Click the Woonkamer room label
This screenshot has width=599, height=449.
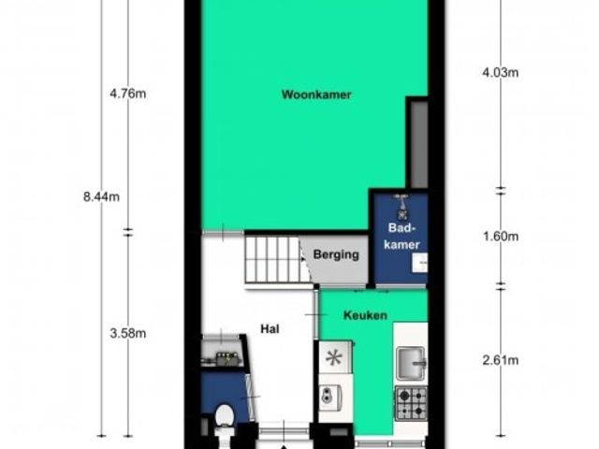(x=316, y=94)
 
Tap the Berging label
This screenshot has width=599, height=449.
(x=336, y=254)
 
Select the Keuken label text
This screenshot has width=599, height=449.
(x=365, y=315)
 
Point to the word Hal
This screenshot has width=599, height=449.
(x=270, y=328)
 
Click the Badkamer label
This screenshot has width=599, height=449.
(x=402, y=236)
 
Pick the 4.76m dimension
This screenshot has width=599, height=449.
(x=127, y=94)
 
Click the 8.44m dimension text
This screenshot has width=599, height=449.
(x=101, y=196)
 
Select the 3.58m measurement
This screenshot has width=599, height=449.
(x=127, y=333)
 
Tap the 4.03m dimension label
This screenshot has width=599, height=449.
(x=501, y=72)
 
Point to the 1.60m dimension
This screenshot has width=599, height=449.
(x=501, y=237)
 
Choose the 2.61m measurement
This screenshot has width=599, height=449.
(x=501, y=359)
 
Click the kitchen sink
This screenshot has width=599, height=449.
(x=411, y=364)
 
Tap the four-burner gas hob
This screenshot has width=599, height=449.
(x=411, y=403)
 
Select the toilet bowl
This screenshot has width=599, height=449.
(x=225, y=415)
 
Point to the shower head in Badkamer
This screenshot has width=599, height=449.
(x=402, y=205)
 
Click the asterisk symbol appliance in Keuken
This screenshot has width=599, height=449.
(x=334, y=357)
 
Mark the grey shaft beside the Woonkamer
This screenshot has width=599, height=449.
(x=418, y=145)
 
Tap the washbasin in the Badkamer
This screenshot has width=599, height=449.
(x=419, y=263)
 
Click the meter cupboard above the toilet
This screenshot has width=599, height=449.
(x=222, y=354)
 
